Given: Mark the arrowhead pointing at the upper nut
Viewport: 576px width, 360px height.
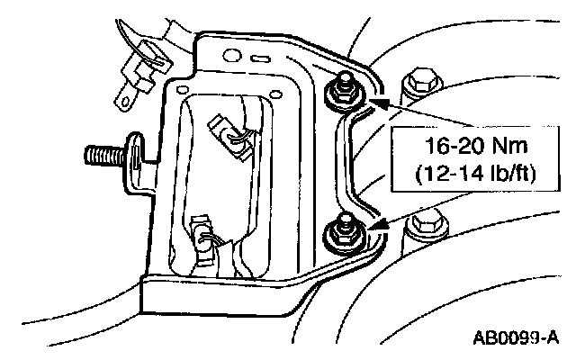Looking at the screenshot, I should coord(376,105).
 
